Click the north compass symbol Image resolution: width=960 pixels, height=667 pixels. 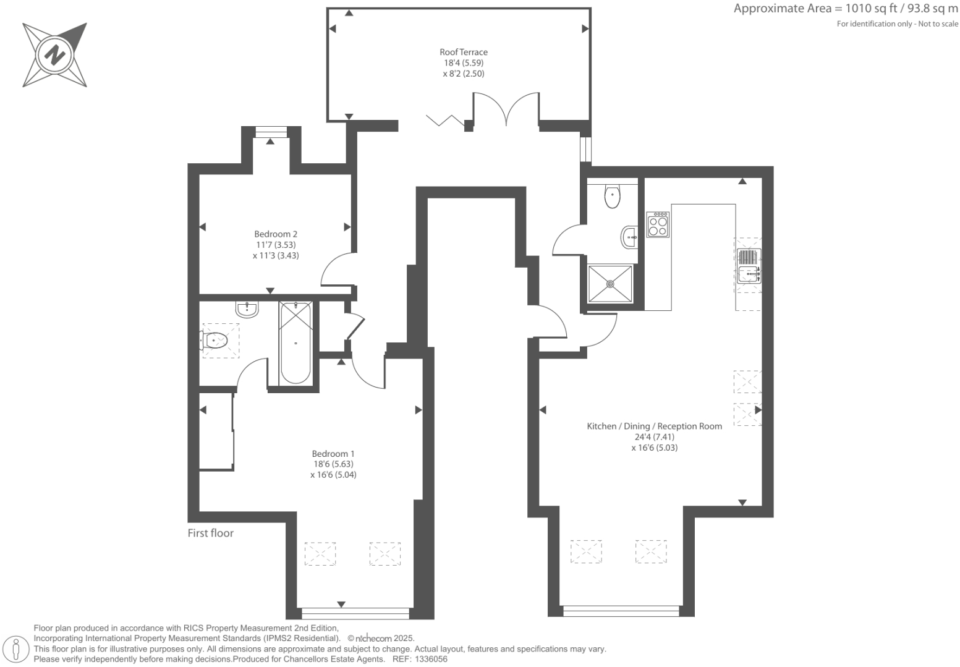(54, 55)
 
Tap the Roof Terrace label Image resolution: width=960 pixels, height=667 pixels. (464, 52)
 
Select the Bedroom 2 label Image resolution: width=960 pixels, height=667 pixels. (276, 234)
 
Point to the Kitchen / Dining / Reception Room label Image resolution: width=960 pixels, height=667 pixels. (654, 426)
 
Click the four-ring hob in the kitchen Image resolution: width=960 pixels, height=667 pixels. (658, 224)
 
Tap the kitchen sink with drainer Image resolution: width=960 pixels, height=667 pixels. (748, 266)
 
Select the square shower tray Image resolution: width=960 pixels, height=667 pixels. (610, 284)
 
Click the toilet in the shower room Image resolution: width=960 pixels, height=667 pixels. (612, 197)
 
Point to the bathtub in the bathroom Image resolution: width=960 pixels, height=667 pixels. (295, 343)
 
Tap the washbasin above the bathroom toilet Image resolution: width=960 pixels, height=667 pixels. (247, 309)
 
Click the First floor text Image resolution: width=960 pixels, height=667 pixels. (211, 533)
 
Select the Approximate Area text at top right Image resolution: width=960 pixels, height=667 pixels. (845, 9)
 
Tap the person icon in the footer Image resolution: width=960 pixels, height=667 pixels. (17, 649)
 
